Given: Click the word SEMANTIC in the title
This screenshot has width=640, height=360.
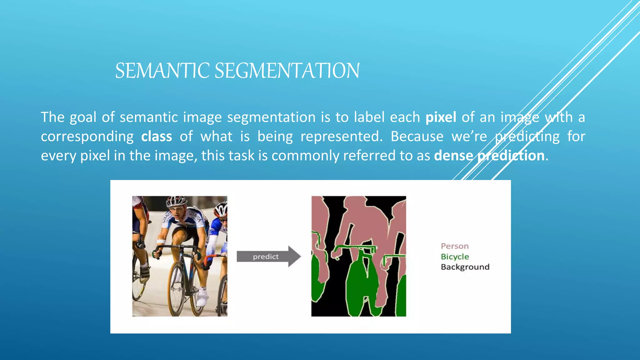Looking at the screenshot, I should (162, 71).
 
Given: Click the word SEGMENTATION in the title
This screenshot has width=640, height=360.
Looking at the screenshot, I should (287, 71).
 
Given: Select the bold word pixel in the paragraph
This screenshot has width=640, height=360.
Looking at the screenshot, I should (441, 117).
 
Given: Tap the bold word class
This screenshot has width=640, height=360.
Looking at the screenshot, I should (156, 137).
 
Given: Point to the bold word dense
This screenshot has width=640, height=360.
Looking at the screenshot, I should (453, 156).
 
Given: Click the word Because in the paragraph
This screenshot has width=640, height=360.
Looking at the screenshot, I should (417, 137).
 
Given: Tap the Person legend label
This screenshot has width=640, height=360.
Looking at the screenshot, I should (455, 246).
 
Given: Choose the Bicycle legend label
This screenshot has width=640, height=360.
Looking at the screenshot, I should (455, 257).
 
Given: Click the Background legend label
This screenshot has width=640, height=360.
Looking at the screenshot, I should (465, 267).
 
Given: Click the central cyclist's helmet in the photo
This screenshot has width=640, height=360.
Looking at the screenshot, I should (177, 201).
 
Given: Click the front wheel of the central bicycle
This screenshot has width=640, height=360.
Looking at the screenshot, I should (177, 289).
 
